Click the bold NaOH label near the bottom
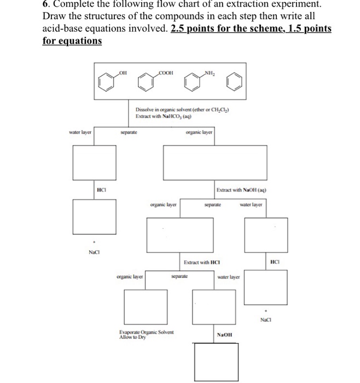225,334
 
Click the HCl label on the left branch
101,189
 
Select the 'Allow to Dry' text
132,338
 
